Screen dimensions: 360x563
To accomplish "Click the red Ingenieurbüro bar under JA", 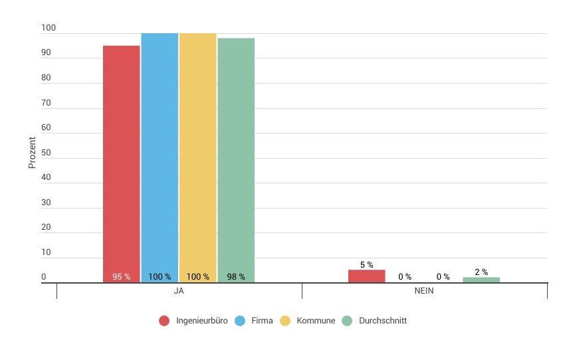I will tap(121, 159).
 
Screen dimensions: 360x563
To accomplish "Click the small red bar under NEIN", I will tap(366, 276).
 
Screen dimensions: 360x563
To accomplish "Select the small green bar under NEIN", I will tap(481, 280).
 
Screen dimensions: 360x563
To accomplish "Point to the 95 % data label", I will tap(121, 277).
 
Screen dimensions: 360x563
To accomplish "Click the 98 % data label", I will tap(236, 277).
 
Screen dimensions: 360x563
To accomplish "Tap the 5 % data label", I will tap(366, 264).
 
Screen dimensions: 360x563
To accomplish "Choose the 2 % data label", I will tap(481, 272).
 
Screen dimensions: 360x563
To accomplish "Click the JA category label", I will tap(179, 292).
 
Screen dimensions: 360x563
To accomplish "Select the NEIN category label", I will tap(424, 292).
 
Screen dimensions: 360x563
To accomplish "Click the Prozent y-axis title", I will tap(32, 152).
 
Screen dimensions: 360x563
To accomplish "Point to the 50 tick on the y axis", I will tap(46, 153).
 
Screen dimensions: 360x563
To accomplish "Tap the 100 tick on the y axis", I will tap(49, 28).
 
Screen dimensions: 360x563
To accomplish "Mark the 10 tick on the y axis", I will tap(46, 252).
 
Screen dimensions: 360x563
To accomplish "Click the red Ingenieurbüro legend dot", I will tap(164, 321).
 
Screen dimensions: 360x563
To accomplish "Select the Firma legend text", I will tap(263, 321).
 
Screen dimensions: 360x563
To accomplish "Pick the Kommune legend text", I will tap(316, 321).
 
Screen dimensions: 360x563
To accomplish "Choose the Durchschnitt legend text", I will tap(382, 321).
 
